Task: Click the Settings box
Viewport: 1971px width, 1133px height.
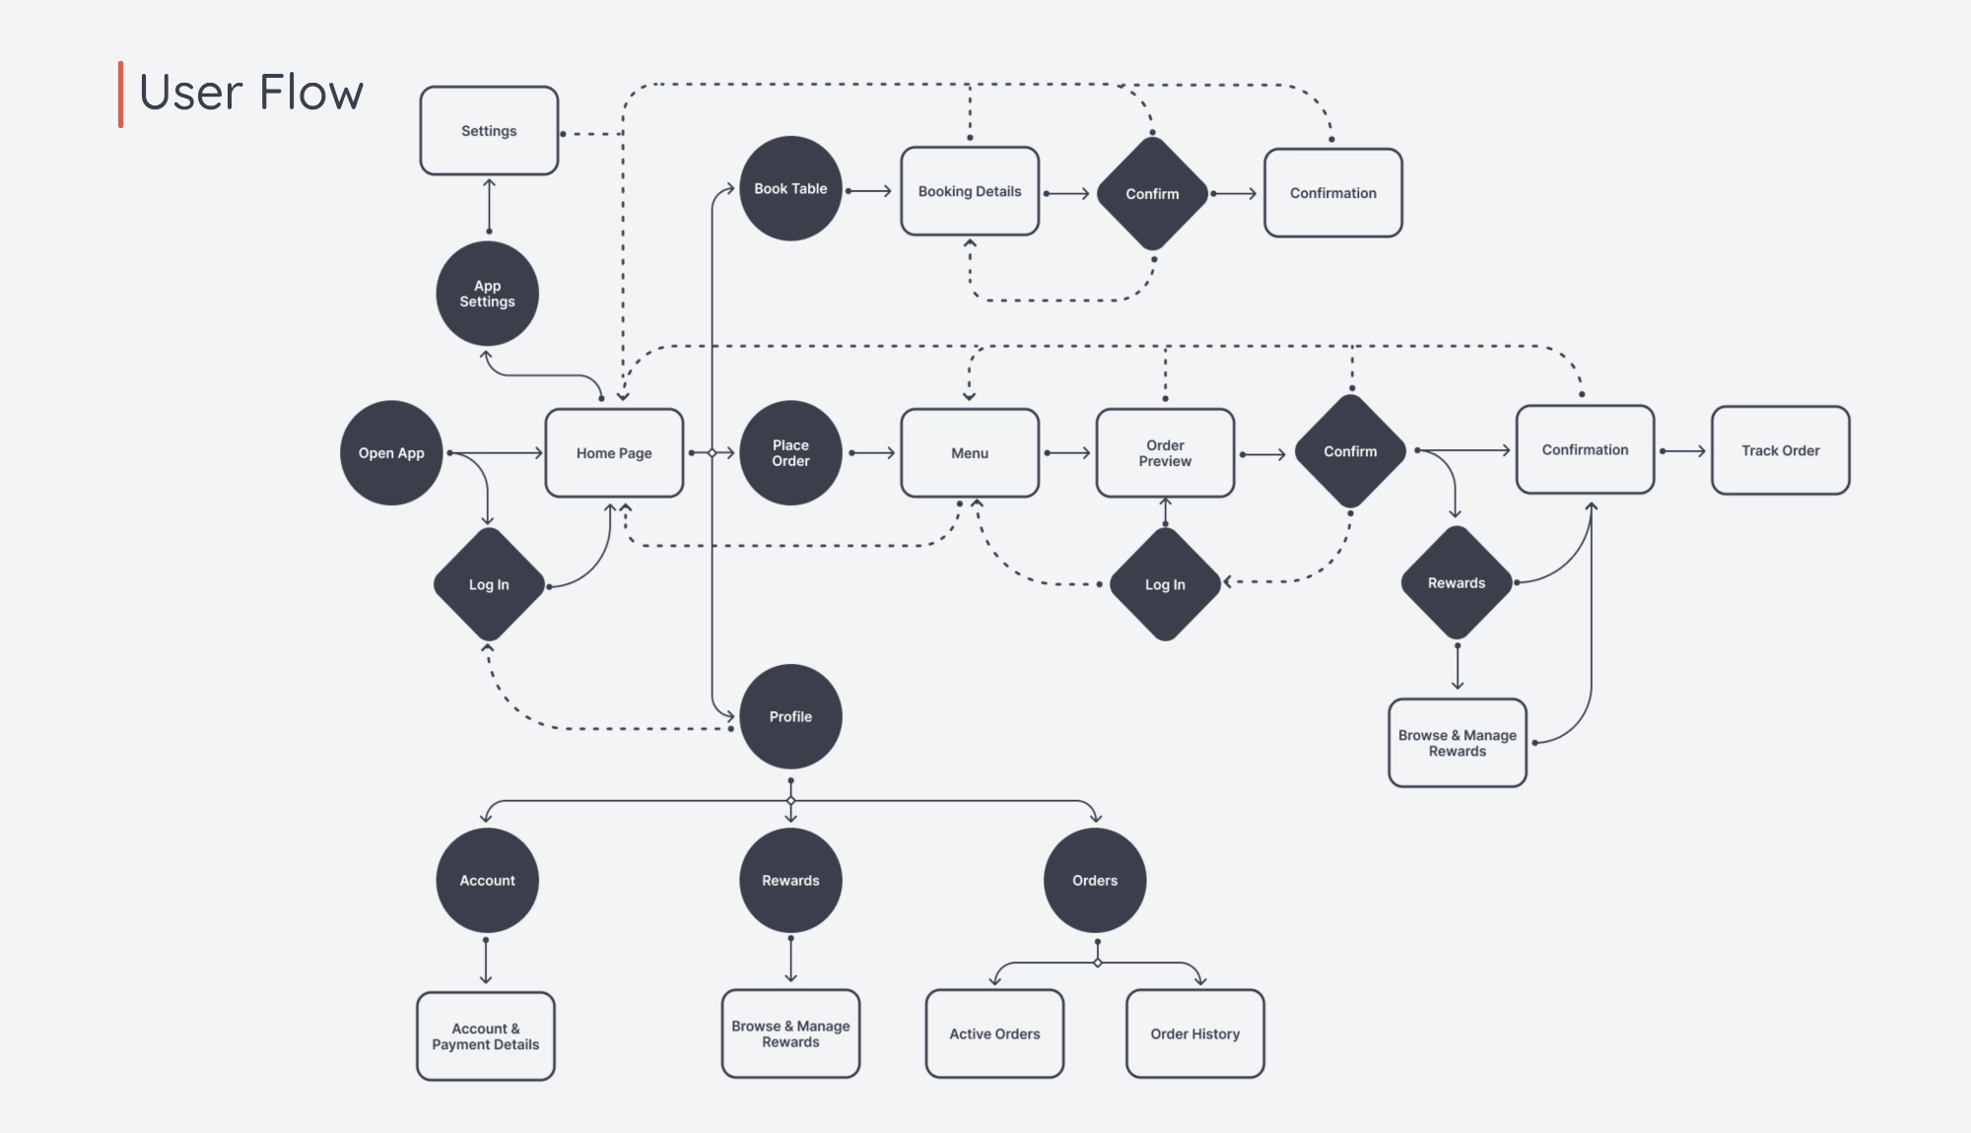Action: coord(489,131)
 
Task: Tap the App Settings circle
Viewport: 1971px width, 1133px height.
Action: coord(487,294)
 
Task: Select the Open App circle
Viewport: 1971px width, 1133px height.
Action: coord(391,453)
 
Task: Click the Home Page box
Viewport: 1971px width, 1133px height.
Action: coord(614,453)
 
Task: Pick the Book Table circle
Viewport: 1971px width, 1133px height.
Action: coord(790,188)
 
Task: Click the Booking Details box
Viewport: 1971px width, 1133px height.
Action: coord(970,191)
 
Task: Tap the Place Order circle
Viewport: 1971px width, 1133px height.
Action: coord(790,453)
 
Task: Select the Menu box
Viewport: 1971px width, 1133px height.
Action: coord(970,453)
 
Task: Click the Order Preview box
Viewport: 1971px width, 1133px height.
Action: coord(1165,453)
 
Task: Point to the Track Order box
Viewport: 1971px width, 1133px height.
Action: coord(1780,450)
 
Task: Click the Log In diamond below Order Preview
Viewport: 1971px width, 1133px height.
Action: coord(1165,584)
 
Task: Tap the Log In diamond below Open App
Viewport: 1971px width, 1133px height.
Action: coord(489,584)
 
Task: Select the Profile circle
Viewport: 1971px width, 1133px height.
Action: coord(790,716)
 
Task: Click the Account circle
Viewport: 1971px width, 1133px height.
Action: coord(487,880)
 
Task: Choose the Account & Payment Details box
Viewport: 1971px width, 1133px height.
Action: coord(486,1036)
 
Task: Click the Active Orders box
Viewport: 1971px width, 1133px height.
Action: coord(994,1033)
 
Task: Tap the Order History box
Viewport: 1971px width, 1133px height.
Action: coord(1194,1033)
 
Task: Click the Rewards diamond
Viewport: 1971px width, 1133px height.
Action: coord(1457,583)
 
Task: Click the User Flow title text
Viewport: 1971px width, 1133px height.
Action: coord(251,93)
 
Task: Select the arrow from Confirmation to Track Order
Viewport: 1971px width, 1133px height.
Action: coord(1683,451)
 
